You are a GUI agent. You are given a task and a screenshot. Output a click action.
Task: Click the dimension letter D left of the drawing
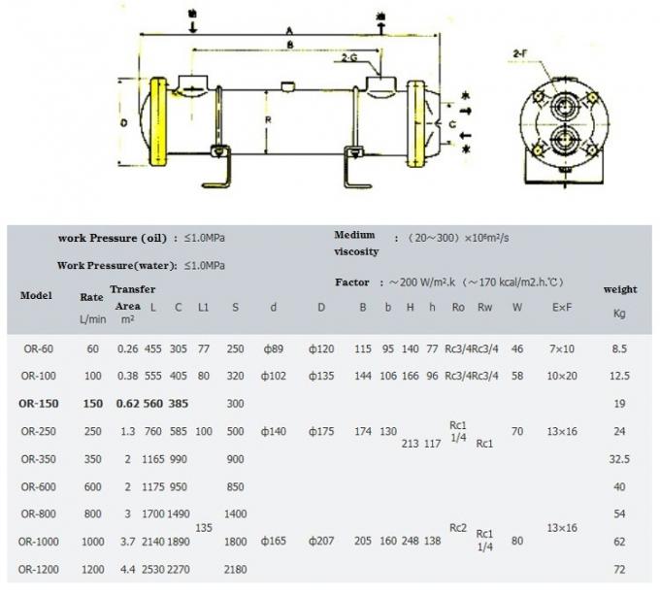122,124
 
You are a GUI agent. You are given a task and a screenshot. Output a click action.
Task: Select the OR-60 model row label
38,348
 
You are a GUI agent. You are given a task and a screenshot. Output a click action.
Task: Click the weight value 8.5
620,348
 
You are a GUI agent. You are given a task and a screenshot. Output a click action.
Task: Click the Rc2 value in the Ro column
458,527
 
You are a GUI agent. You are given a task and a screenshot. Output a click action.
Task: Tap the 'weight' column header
620,289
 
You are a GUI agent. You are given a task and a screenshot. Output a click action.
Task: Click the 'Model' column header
36,295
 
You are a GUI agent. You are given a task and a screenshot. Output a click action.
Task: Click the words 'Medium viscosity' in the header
355,243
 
